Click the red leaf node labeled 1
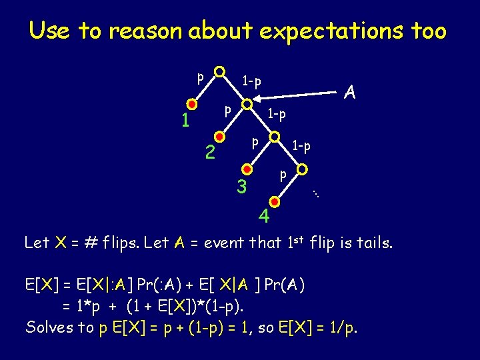pyautogui.click(x=192, y=104)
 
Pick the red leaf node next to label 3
pyautogui.click(x=247, y=170)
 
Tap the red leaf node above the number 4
pyautogui.click(x=275, y=200)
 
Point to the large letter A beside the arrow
pyautogui.click(x=349, y=93)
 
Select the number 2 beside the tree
pyautogui.click(x=209, y=154)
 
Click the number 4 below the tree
pyautogui.click(x=265, y=217)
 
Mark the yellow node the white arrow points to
pyautogui.click(x=247, y=105)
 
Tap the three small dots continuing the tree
pyautogui.click(x=317, y=194)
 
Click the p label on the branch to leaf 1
pyautogui.click(x=199, y=77)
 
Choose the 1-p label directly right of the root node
pyautogui.click(x=251, y=81)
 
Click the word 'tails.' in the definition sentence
pyautogui.click(x=373, y=243)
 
